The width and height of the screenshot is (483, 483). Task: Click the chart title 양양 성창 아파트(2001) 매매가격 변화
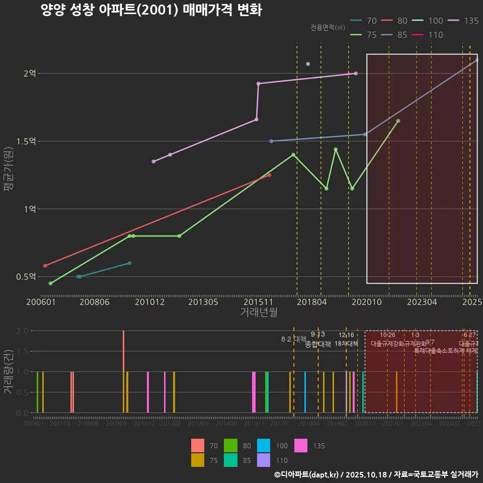click(x=151, y=11)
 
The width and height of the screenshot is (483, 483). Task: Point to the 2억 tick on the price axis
click(x=29, y=73)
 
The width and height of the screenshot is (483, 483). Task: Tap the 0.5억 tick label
click(x=26, y=277)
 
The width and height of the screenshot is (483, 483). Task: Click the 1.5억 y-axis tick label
click(x=26, y=141)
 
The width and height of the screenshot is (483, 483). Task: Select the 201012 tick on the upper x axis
click(x=149, y=302)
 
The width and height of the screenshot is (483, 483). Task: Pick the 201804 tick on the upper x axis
click(x=312, y=302)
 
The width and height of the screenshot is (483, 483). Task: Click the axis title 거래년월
click(x=259, y=312)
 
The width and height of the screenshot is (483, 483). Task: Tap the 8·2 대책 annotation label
click(x=294, y=339)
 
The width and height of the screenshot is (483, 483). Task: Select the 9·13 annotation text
click(x=317, y=334)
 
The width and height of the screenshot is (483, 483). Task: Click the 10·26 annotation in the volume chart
click(x=387, y=335)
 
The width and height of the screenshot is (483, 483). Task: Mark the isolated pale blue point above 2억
click(x=308, y=64)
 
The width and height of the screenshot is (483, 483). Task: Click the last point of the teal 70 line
click(x=129, y=263)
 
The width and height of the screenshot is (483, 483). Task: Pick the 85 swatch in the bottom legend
click(x=231, y=460)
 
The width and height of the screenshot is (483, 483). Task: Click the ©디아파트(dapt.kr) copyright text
click(x=307, y=474)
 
